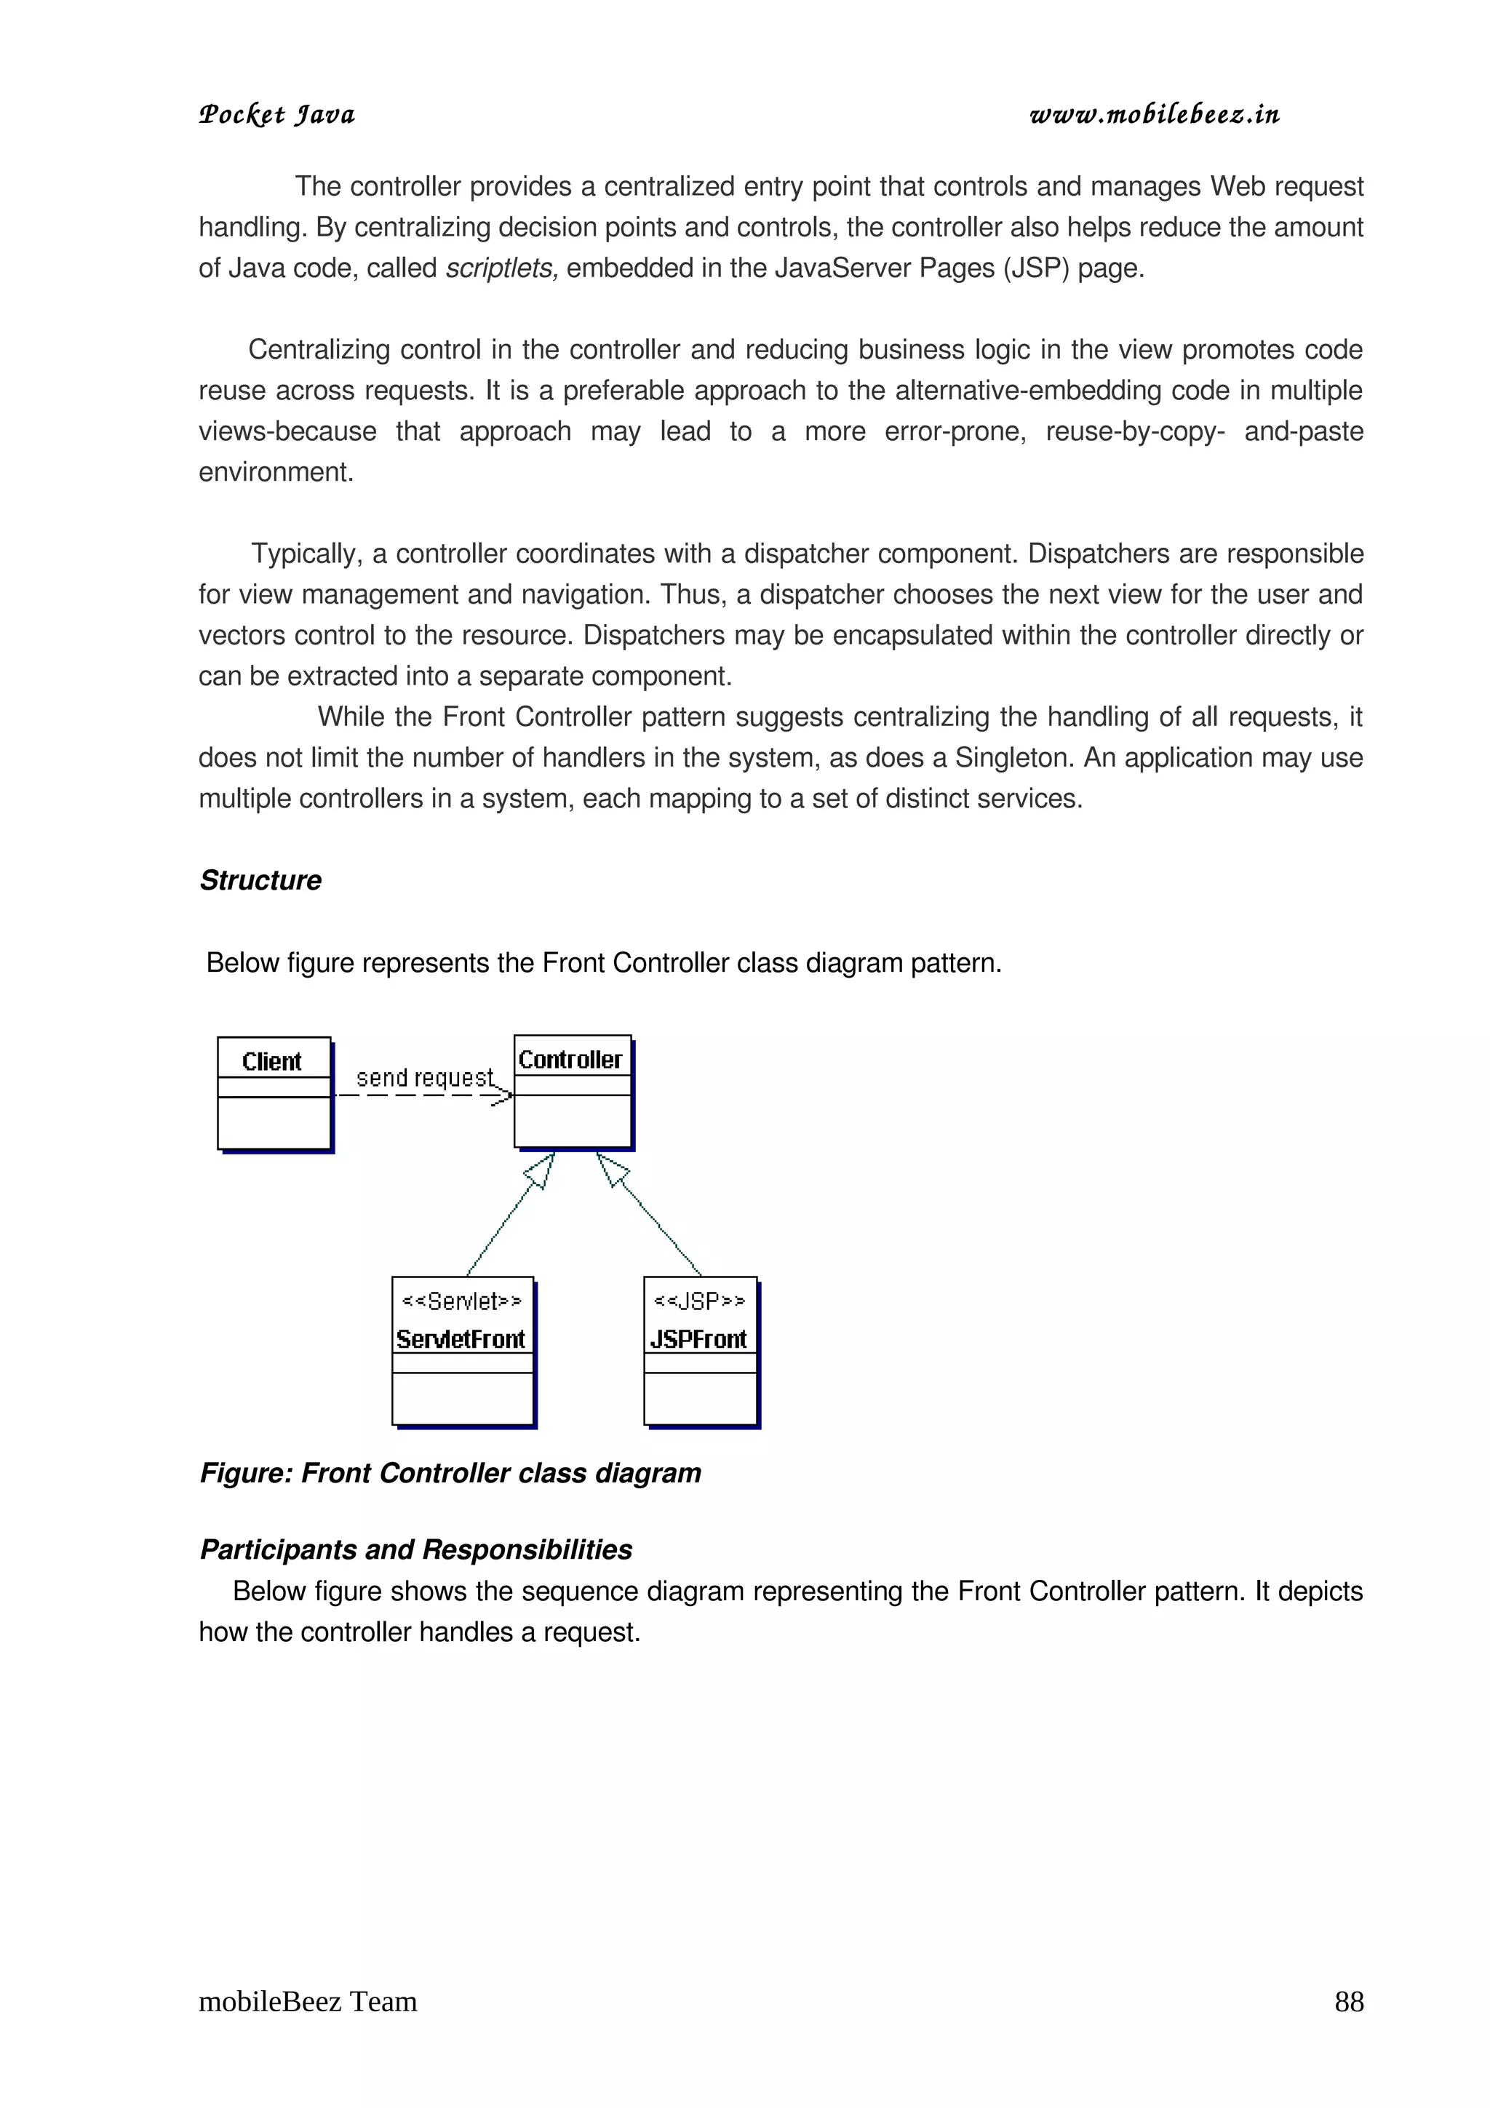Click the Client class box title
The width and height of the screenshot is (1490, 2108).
pos(272,1061)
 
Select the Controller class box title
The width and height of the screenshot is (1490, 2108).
pos(570,1060)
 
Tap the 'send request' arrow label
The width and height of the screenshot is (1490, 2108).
pos(424,1077)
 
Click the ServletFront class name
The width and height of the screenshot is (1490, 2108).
pos(461,1340)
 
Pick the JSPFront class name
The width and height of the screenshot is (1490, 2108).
pos(698,1340)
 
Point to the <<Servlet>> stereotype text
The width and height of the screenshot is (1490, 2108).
pos(462,1301)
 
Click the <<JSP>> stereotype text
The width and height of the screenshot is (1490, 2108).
pos(700,1301)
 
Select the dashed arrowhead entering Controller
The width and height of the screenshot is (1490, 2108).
pos(502,1095)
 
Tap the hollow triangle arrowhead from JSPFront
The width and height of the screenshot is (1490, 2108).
pos(611,1169)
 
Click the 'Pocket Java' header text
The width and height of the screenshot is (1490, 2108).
pos(277,115)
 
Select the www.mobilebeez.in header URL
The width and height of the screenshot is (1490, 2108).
pos(1154,115)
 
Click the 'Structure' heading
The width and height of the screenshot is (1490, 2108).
pos(260,880)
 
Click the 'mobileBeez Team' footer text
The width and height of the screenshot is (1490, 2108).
pos(308,2002)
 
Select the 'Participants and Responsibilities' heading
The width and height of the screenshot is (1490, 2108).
pos(416,1550)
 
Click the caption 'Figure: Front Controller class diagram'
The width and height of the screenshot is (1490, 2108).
pos(450,1473)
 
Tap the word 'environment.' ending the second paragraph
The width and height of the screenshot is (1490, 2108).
pos(276,472)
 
